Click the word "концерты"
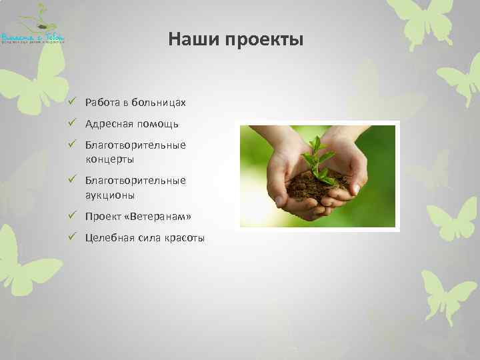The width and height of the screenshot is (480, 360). pos(109,159)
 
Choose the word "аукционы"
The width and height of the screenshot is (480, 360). pos(110,195)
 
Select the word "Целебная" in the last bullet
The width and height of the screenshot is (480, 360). pos(108,238)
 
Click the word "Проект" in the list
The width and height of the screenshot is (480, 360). pos(103,217)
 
